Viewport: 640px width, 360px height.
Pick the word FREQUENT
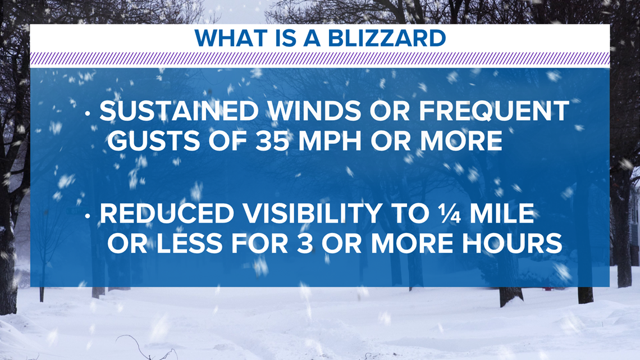(x=494, y=111)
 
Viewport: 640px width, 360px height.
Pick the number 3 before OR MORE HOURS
(x=304, y=244)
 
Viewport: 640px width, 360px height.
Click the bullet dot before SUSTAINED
(x=88, y=114)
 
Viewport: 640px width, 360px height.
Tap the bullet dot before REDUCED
(x=88, y=216)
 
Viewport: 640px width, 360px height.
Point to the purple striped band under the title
(x=320, y=59)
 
